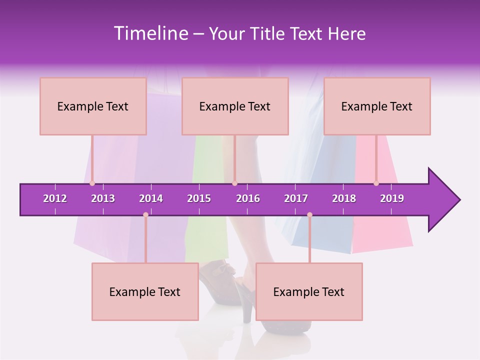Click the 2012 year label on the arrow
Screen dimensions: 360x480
click(x=55, y=198)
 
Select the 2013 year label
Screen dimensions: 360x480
click(x=103, y=198)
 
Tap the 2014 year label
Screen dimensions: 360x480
click(x=151, y=198)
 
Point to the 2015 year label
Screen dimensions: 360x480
click(x=199, y=198)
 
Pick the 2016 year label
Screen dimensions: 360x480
click(x=248, y=198)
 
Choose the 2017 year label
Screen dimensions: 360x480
click(x=296, y=198)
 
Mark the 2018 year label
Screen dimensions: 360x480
click(x=344, y=198)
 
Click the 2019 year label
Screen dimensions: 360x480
click(x=392, y=198)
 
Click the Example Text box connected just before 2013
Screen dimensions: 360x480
click(x=93, y=106)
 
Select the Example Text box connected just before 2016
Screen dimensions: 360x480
click(x=235, y=106)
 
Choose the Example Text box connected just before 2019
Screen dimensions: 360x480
click(x=377, y=106)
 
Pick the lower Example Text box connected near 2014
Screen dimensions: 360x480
click(x=145, y=291)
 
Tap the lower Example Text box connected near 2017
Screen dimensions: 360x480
click(x=309, y=291)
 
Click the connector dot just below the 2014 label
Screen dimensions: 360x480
click(x=145, y=215)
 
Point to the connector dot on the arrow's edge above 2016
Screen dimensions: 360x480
click(x=234, y=183)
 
